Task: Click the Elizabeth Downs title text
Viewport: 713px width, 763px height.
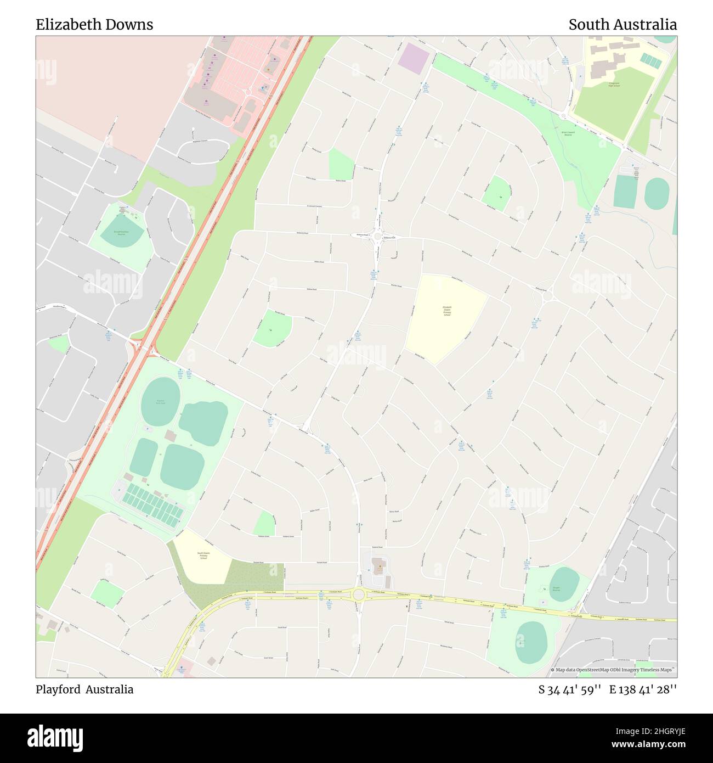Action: point(94,25)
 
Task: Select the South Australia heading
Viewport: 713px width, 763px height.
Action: point(622,25)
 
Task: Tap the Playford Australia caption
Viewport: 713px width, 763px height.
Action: point(84,689)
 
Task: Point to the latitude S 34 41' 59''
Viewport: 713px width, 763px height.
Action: point(570,690)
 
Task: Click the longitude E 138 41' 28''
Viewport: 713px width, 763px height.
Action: point(643,690)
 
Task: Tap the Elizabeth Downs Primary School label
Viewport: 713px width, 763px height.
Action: point(447,311)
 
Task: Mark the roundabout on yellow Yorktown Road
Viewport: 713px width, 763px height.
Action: point(359,594)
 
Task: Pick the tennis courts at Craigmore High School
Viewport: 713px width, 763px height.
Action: point(651,59)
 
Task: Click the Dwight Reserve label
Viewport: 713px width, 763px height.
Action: point(556,589)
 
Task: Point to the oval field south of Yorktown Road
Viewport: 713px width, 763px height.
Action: point(531,642)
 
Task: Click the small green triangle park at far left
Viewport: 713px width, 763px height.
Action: point(59,344)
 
